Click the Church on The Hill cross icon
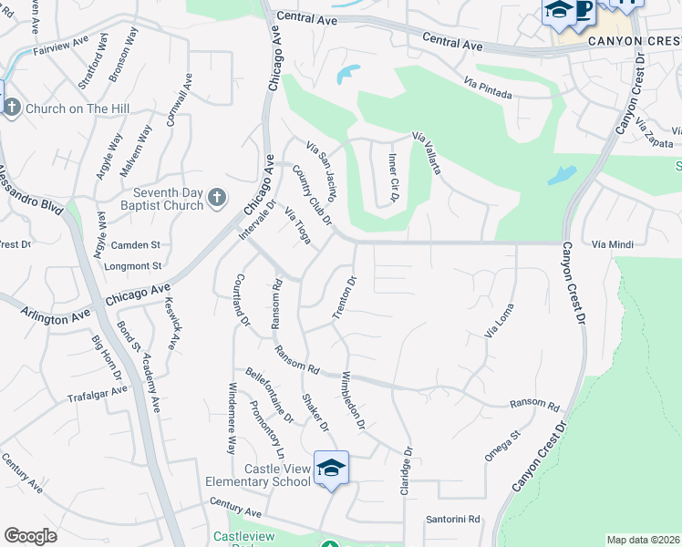pos(12,109)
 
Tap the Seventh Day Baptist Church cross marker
pos(216,197)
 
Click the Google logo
pos(30,536)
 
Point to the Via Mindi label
pos(611,245)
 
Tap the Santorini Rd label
pos(452,520)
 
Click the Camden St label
pos(135,245)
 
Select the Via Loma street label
pos(500,322)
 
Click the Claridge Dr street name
pos(406,470)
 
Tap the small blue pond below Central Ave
pos(347,73)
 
